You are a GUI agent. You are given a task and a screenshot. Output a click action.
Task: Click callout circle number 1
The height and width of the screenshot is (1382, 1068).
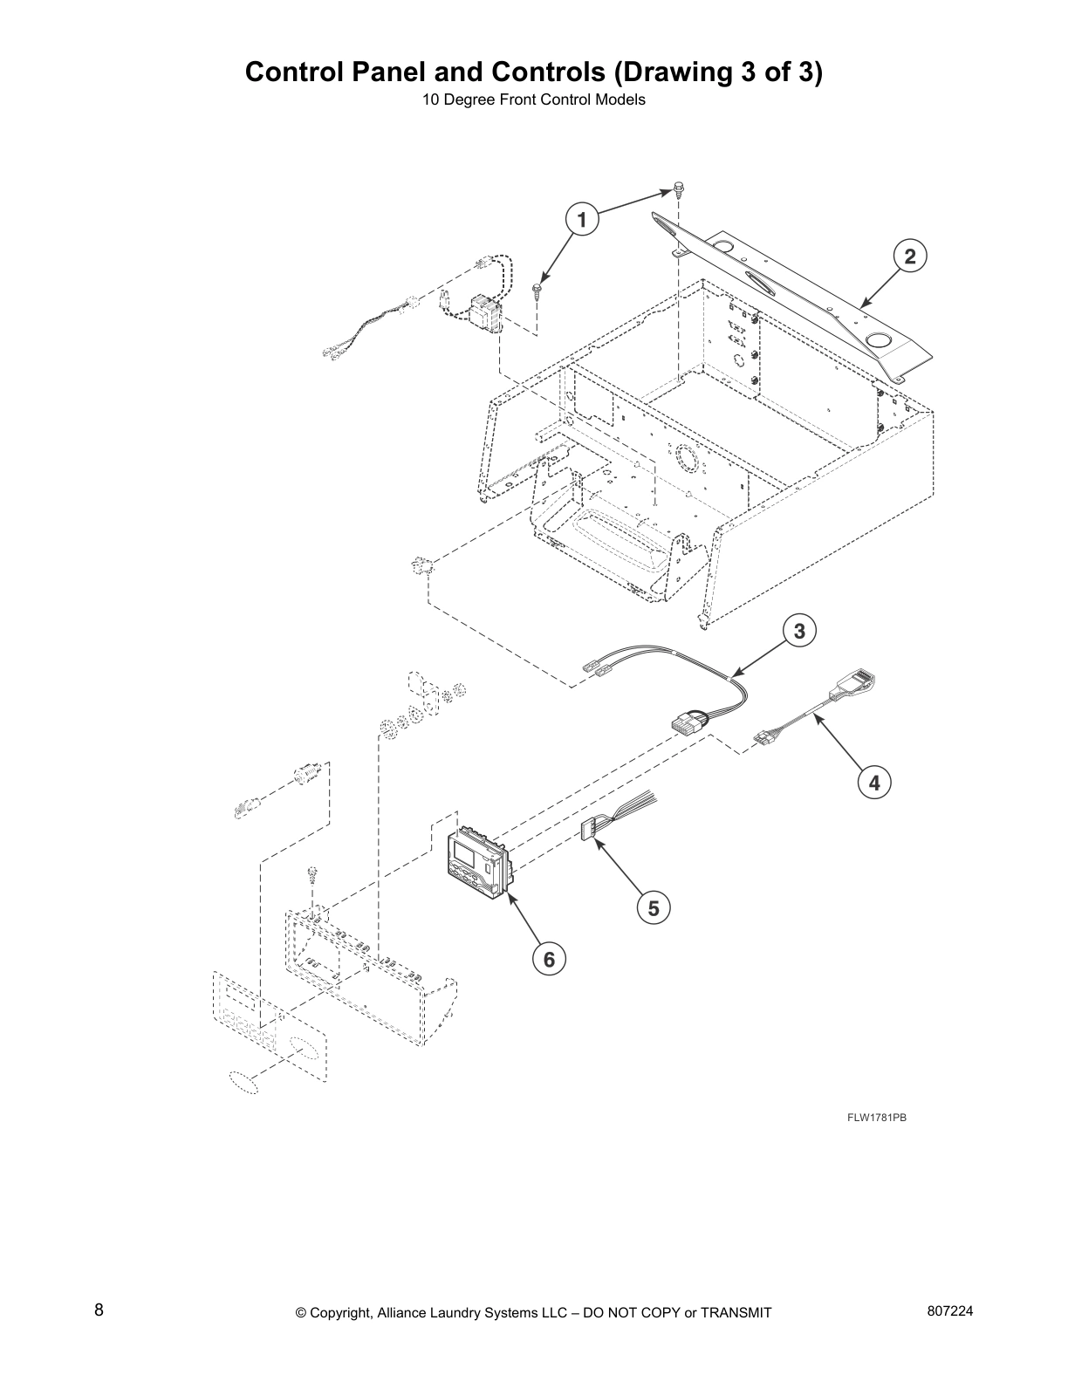(x=581, y=219)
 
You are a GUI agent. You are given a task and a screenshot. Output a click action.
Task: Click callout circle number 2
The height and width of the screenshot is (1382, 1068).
(x=909, y=257)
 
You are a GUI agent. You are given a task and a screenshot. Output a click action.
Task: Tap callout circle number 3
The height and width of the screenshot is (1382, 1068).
(x=799, y=630)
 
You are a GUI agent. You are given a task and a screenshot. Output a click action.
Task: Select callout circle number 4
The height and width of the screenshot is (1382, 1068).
(x=874, y=783)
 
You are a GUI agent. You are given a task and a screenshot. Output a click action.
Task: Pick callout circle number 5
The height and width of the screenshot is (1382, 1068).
(x=654, y=908)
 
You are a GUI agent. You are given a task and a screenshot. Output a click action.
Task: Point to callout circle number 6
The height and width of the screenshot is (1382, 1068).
(x=549, y=960)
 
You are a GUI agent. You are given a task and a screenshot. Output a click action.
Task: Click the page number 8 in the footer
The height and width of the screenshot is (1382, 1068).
(x=99, y=1310)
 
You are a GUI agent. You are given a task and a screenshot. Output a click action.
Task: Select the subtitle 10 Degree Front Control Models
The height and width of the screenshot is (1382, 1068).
(x=533, y=100)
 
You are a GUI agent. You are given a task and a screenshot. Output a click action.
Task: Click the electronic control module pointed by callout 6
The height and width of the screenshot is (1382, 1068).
(x=477, y=860)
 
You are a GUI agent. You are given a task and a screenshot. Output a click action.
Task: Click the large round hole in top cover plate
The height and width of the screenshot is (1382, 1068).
(x=880, y=339)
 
